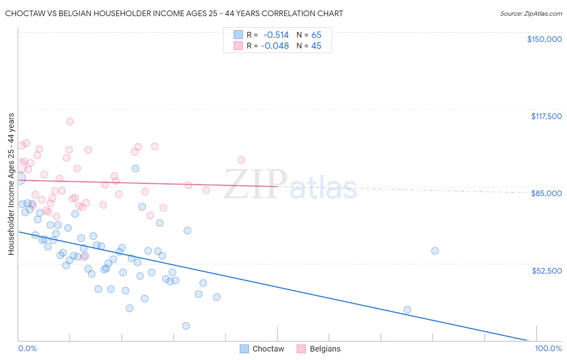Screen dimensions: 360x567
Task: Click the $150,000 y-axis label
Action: point(544,39)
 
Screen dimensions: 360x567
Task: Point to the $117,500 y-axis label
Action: point(546,116)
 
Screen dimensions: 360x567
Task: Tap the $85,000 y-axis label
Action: point(546,193)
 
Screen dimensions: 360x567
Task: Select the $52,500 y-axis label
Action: point(546,271)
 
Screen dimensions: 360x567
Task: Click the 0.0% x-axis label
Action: point(27,348)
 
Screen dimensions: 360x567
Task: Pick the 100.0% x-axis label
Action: point(548,348)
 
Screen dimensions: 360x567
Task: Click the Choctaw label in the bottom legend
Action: point(268,349)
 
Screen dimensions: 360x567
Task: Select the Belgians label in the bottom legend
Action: point(325,349)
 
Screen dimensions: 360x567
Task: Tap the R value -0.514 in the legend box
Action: point(276,35)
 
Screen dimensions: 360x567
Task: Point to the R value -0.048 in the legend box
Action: point(275,46)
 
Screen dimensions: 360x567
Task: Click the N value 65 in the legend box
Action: point(316,35)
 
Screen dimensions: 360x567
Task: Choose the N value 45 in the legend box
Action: point(316,46)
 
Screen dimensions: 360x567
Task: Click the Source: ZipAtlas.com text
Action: point(531,14)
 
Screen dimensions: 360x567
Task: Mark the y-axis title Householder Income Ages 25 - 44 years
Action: point(11,184)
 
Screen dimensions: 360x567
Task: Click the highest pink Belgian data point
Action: point(70,121)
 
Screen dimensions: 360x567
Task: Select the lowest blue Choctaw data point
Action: point(186,326)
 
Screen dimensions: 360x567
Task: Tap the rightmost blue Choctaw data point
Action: point(435,251)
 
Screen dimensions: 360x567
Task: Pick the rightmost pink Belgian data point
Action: point(241,160)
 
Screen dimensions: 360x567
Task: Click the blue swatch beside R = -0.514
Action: point(238,35)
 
